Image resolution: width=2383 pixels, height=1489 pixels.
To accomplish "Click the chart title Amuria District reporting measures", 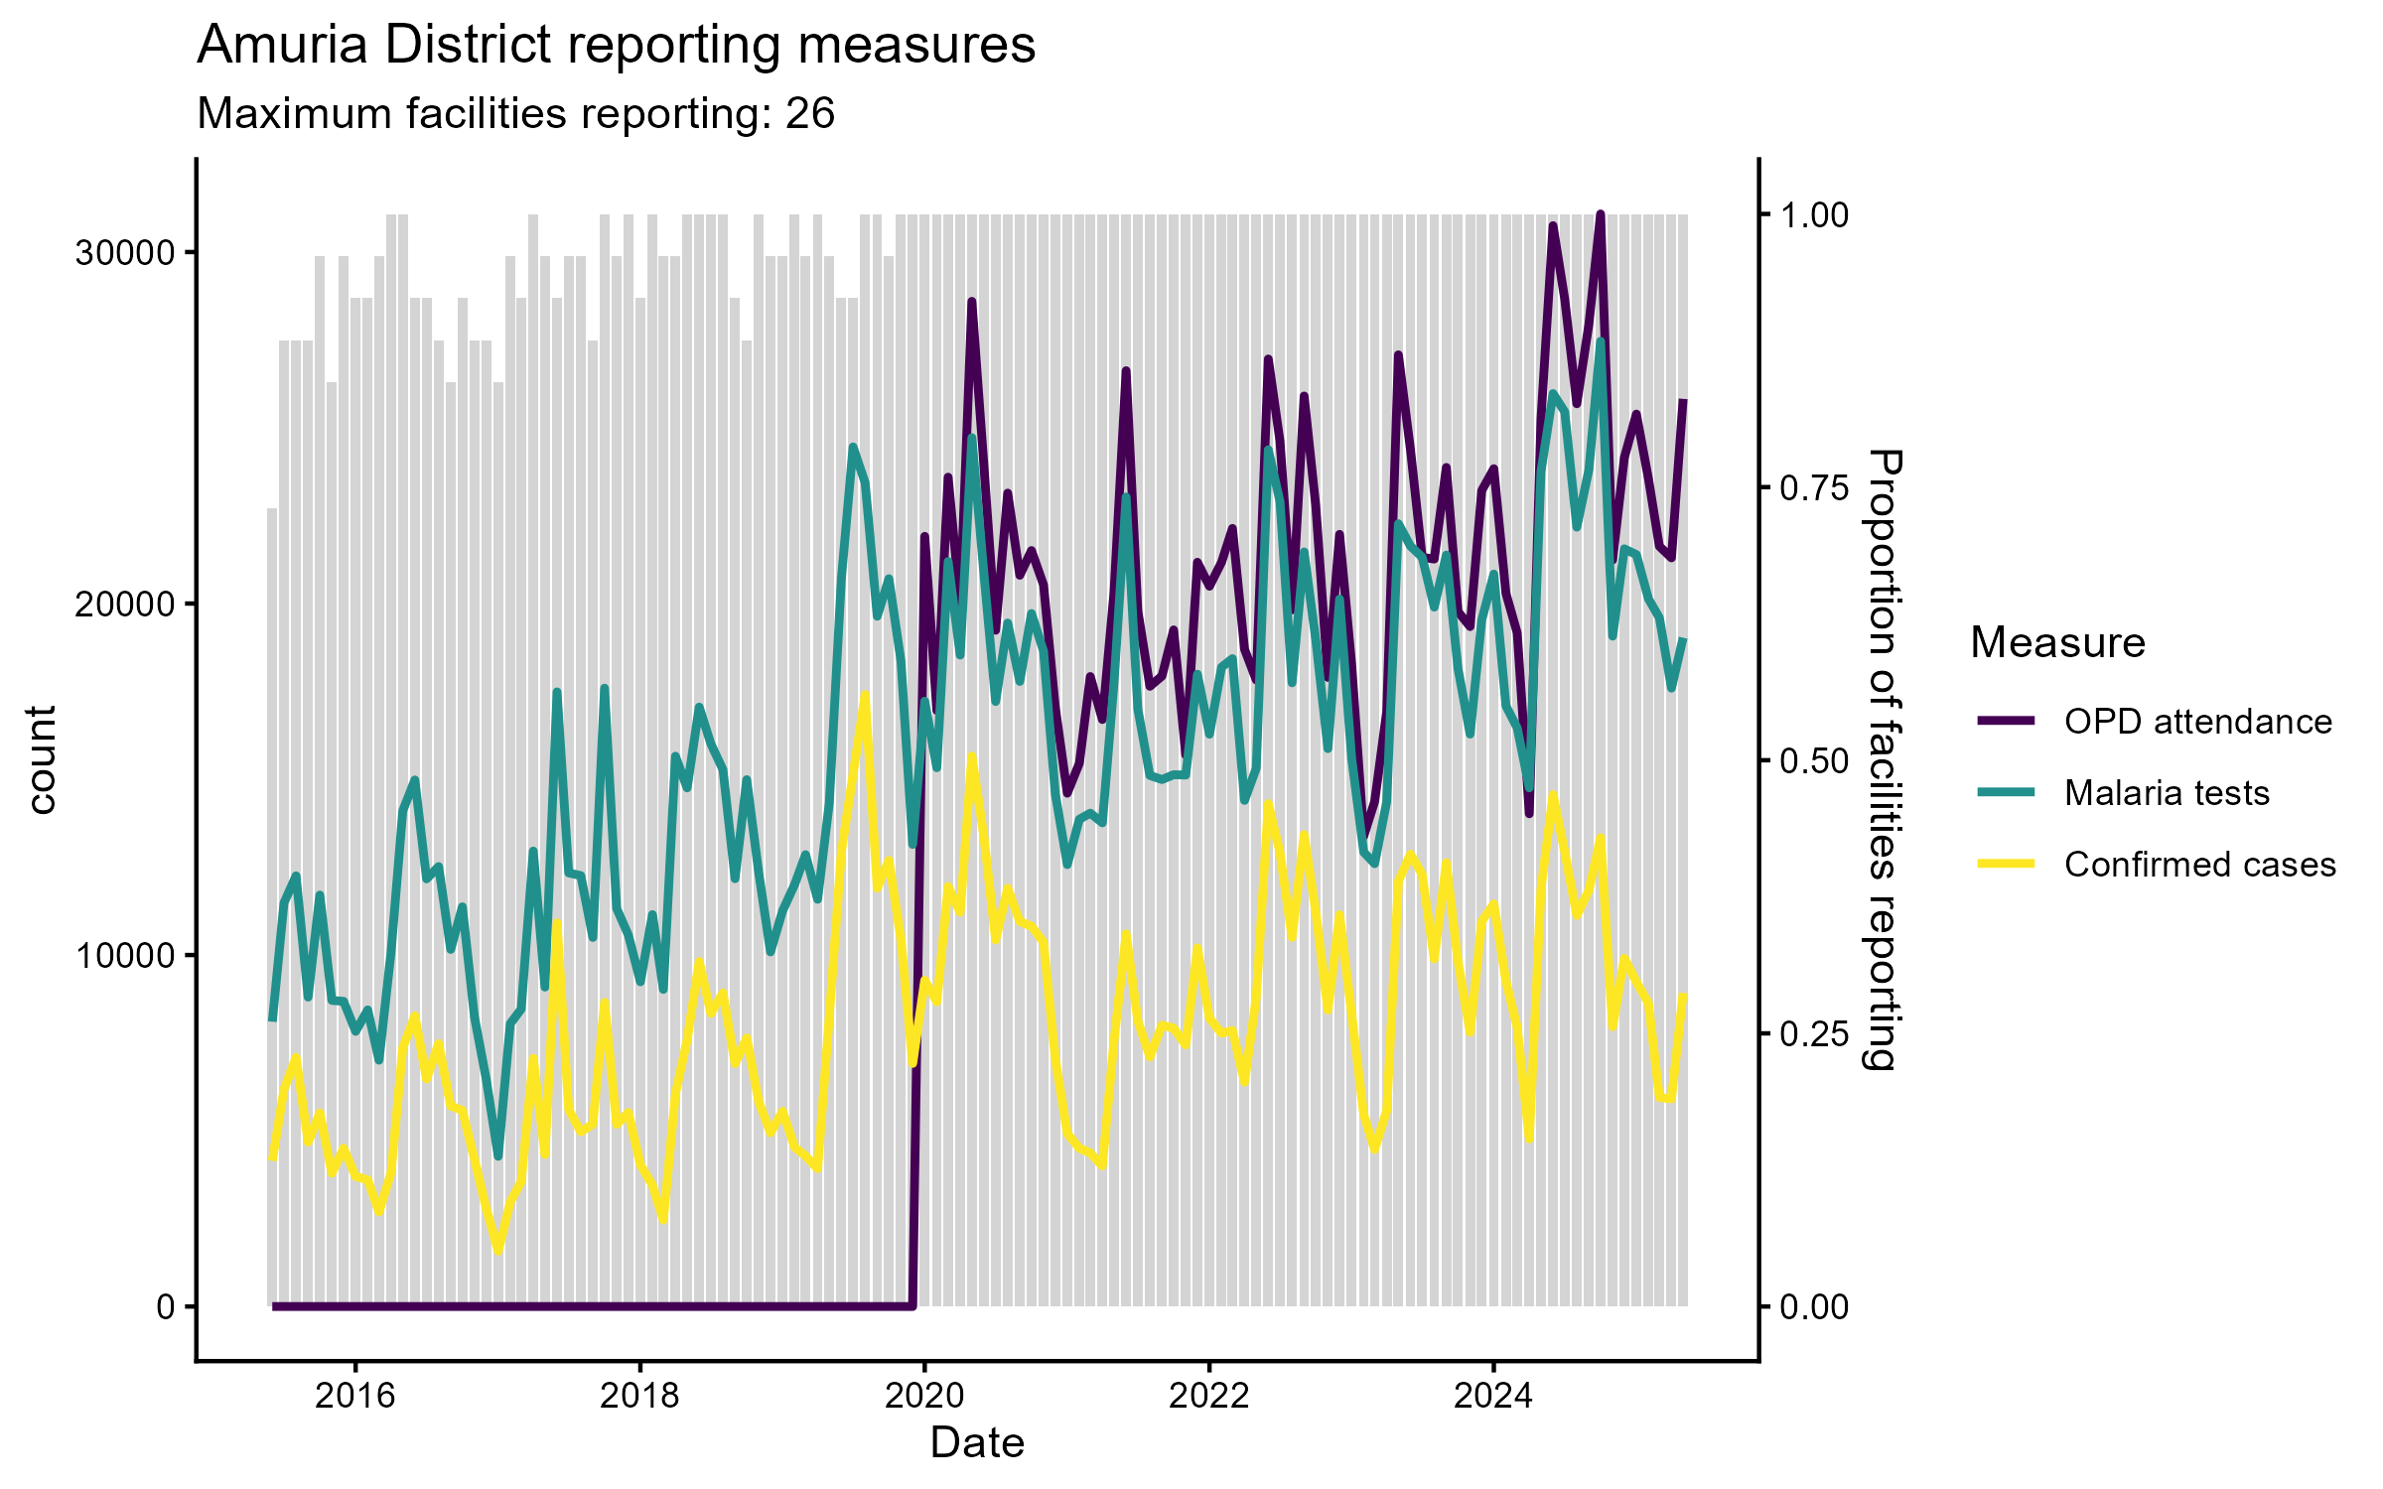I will [x=616, y=46].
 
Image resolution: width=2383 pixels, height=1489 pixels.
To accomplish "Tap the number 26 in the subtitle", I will [x=810, y=114].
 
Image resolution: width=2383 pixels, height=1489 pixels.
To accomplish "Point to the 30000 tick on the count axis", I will [x=125, y=253].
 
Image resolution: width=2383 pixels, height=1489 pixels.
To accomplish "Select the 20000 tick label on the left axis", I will [x=125, y=605].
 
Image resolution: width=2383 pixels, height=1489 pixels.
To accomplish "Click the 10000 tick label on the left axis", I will [x=125, y=956].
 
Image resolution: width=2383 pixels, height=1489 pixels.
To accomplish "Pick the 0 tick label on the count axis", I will [x=165, y=1307].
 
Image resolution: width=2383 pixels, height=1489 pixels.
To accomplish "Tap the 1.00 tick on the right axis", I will [x=1814, y=215].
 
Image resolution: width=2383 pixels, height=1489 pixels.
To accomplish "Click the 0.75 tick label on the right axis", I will [x=1814, y=488].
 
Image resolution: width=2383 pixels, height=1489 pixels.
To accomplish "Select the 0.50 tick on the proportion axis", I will [x=1814, y=761].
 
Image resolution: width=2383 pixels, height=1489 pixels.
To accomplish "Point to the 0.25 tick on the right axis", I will [x=1814, y=1034].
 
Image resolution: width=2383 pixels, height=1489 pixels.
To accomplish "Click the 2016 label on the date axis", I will [x=354, y=1396].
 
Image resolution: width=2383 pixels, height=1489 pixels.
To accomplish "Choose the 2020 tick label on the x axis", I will [x=924, y=1396].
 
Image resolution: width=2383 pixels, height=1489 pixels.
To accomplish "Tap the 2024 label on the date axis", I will [x=1493, y=1396].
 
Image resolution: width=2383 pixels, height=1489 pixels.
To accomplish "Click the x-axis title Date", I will [x=977, y=1443].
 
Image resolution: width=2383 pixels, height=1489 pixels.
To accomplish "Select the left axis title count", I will [x=42, y=760].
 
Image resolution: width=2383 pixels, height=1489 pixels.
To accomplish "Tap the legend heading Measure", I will [x=2057, y=643].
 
